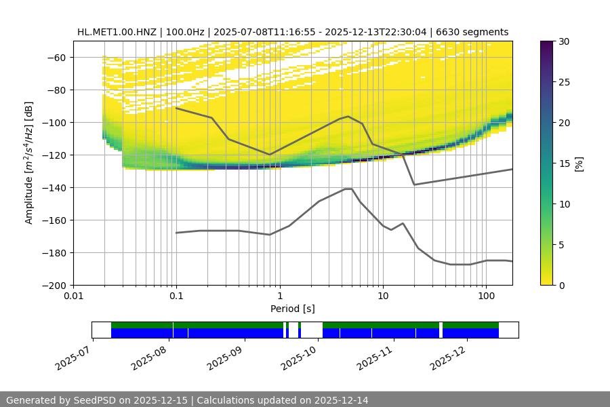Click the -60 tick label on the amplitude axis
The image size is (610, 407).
(x=56, y=58)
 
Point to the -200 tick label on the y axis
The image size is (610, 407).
(x=53, y=286)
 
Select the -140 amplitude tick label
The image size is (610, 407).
(x=53, y=188)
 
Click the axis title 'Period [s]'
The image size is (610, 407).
(x=292, y=309)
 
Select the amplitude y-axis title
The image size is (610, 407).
(x=29, y=163)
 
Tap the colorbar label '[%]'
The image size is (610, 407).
(x=578, y=163)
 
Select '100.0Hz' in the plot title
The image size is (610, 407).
(x=180, y=32)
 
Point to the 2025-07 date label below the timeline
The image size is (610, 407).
(x=73, y=355)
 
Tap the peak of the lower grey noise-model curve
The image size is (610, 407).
(x=348, y=189)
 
